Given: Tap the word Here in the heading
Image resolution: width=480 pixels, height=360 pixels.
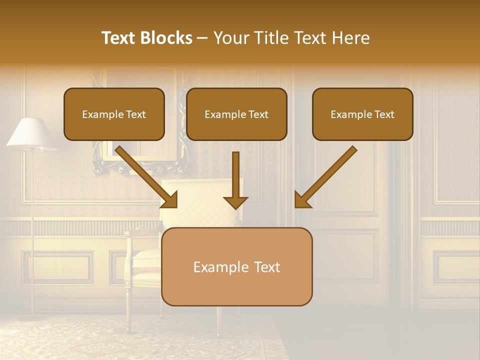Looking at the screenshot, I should coord(351,38).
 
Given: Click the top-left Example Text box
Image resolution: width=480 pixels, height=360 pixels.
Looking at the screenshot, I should coord(114,114).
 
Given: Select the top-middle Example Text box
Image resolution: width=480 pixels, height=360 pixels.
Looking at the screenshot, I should coord(236,114).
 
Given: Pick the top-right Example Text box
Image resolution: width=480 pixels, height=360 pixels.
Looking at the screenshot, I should coord(362,114).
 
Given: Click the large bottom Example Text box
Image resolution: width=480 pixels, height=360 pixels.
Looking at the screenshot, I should coord(236,267).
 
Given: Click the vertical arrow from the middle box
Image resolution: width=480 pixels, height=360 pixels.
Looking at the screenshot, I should coord(235,180).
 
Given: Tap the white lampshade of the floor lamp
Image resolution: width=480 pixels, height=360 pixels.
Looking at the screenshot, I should coord(31,134).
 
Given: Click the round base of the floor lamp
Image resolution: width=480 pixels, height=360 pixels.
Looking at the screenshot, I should coord(33,317).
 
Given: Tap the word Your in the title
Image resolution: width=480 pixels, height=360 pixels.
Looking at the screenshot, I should coord(230,38).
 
